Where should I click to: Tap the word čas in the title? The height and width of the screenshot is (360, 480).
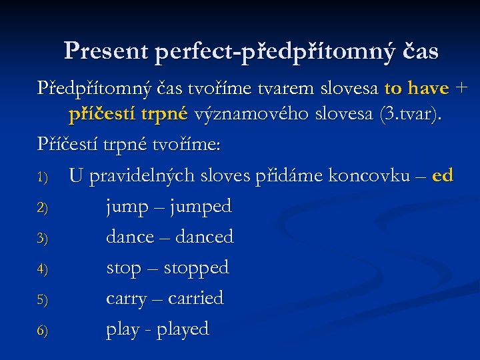click(x=417, y=51)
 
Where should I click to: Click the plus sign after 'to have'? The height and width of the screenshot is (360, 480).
click(x=462, y=89)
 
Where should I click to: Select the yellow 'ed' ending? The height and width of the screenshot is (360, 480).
click(x=443, y=176)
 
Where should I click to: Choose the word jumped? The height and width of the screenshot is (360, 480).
click(x=201, y=207)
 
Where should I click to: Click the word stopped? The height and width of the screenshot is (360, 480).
click(x=196, y=268)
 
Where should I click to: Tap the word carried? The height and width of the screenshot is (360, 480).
click(x=195, y=298)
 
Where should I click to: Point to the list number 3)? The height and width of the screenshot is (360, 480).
click(x=43, y=239)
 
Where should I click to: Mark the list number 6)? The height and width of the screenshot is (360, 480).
click(x=43, y=331)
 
